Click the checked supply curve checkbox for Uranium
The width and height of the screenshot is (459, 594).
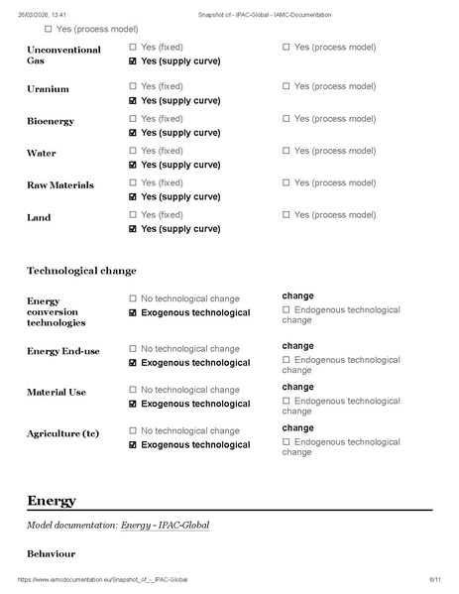click(x=134, y=100)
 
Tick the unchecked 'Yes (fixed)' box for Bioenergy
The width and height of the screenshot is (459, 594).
click(x=134, y=119)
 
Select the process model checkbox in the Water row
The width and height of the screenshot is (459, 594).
click(x=287, y=151)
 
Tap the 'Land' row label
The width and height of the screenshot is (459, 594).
click(x=39, y=217)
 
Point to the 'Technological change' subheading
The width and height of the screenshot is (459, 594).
click(x=81, y=270)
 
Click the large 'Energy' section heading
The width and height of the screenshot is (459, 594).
click(x=52, y=501)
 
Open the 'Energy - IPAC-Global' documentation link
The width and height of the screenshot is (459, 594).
click(x=165, y=525)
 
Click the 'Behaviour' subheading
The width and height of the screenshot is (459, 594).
click(x=51, y=552)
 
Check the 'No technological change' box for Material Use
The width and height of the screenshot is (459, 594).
click(x=134, y=390)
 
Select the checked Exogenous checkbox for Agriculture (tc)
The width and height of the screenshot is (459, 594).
click(x=134, y=445)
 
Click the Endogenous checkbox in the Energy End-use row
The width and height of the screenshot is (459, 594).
click(x=287, y=360)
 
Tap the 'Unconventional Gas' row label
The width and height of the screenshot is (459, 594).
click(x=63, y=55)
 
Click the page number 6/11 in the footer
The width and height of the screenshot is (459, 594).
click(x=434, y=579)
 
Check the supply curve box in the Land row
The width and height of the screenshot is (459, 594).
click(x=134, y=229)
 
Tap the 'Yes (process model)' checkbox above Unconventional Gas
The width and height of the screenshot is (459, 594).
click(x=48, y=29)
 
